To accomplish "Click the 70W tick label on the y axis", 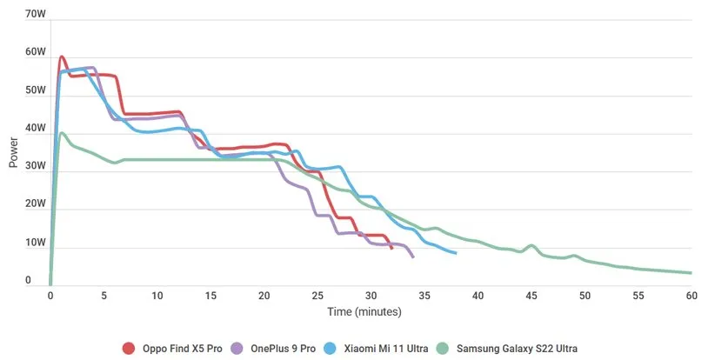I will pyautogui.click(x=36, y=14).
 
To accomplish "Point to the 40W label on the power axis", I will pyautogui.click(x=36, y=129).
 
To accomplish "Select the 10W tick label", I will pyautogui.click(x=36, y=243).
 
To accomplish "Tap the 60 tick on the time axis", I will pyautogui.click(x=692, y=296).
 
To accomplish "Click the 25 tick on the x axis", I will pyautogui.click(x=317, y=296).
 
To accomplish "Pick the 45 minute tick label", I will pyautogui.click(x=531, y=296).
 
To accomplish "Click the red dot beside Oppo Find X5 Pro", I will pyautogui.click(x=129, y=348).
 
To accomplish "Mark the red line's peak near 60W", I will pyautogui.click(x=62, y=57).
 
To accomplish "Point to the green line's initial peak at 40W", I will pyautogui.click(x=62, y=133).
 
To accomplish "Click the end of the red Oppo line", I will pyautogui.click(x=392, y=249).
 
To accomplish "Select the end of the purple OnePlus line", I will pyautogui.click(x=413, y=257).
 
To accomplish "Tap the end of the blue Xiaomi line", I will pyautogui.click(x=456, y=253).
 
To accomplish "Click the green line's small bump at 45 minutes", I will pyautogui.click(x=531, y=246).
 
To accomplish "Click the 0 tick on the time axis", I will pyautogui.click(x=50, y=296).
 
